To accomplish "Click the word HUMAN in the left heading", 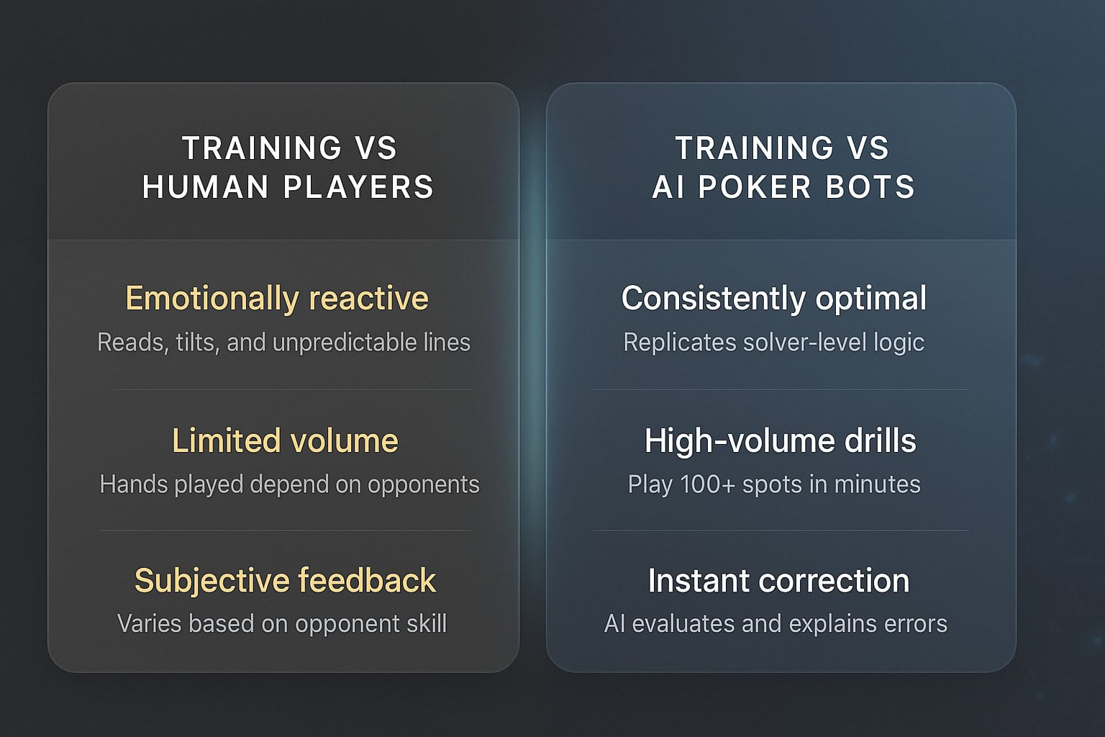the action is tap(205, 187).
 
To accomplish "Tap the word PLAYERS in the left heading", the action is tap(359, 187).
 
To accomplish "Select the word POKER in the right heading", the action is tap(755, 187).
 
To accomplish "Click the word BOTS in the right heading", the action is tap(870, 187).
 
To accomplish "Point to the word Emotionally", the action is tap(212, 299).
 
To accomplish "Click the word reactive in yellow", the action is tap(369, 298).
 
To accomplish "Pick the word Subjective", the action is tap(212, 581).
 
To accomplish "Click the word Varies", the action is tap(150, 623).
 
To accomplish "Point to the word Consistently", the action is tap(713, 298).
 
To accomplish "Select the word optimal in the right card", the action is tap(870, 299).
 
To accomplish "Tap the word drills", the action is tap(880, 440).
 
